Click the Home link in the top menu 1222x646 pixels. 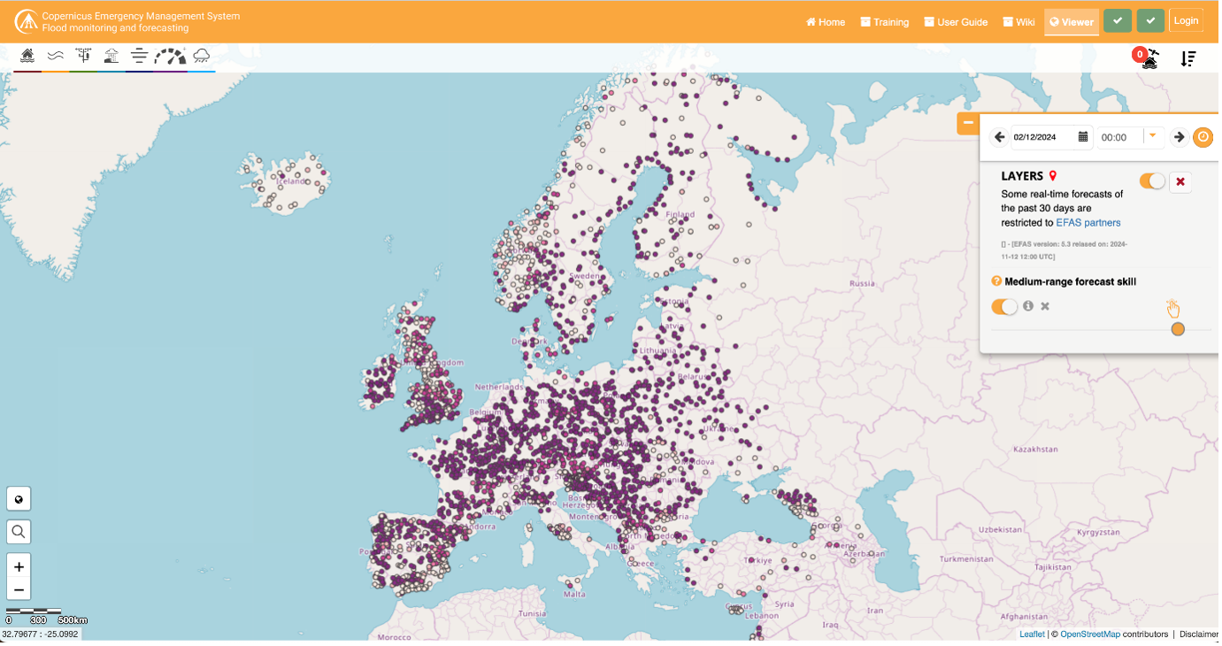point(825,22)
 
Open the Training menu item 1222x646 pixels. point(884,22)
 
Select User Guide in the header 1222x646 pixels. point(956,22)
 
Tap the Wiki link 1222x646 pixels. point(1018,22)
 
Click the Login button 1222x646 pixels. point(1186,21)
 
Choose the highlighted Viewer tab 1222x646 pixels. point(1072,22)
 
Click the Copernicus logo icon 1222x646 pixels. point(26,21)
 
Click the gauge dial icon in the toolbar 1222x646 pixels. point(170,58)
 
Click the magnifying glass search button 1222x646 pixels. point(19,532)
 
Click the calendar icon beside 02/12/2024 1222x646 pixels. point(1083,137)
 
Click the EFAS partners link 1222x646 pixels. point(1088,223)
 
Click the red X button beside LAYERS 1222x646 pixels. point(1180,181)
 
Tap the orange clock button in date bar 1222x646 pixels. point(1203,137)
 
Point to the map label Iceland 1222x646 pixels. point(289,181)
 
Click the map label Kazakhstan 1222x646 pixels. point(1034,450)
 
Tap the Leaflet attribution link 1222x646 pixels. point(1032,634)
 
